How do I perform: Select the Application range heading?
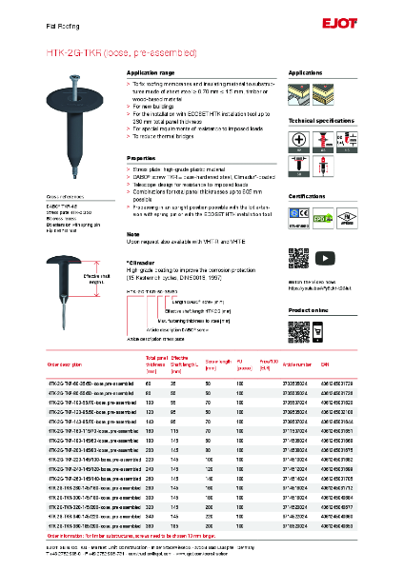[151, 72]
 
